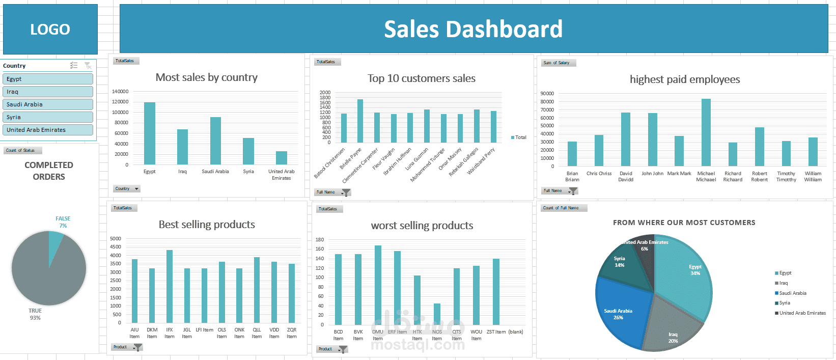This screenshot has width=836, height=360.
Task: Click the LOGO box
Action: (50, 29)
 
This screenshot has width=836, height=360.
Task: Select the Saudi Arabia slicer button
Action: (48, 104)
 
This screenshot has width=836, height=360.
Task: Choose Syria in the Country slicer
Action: (48, 117)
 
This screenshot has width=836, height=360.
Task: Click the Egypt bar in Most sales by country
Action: (150, 133)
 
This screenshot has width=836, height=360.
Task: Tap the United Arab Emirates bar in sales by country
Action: (281, 158)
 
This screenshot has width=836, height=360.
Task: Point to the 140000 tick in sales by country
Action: (120, 92)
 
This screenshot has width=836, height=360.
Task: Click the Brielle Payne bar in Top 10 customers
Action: (360, 121)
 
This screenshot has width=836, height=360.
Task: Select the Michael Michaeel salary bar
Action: (706, 132)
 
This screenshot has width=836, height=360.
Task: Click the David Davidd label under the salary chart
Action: (626, 177)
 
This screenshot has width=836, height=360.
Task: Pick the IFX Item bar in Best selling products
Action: (170, 286)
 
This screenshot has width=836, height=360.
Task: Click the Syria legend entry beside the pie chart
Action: (784, 303)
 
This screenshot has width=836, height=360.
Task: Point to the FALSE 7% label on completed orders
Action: (63, 222)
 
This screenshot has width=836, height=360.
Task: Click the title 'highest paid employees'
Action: (685, 79)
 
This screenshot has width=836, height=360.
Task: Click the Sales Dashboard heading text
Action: (473, 29)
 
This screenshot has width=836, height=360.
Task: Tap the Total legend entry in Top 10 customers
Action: (519, 137)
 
